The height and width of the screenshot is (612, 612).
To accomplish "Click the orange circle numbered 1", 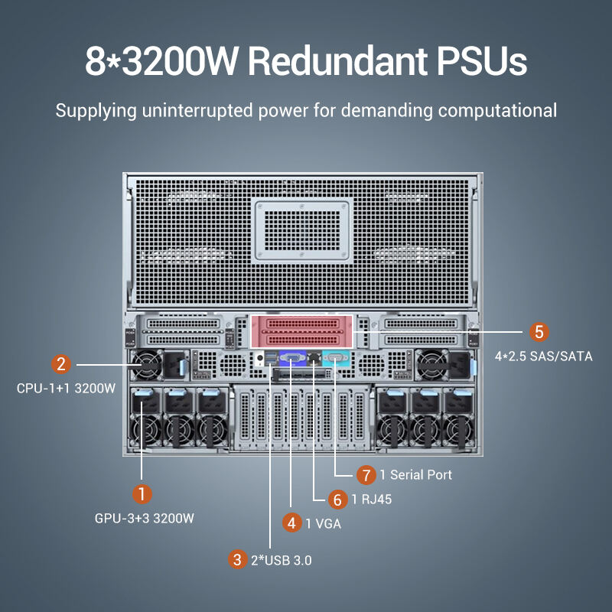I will coord(140,491).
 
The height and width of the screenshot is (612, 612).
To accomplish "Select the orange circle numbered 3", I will coord(238,559).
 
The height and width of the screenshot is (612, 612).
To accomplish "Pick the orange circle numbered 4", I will coord(291,523).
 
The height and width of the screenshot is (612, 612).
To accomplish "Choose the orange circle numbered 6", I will coord(337,500).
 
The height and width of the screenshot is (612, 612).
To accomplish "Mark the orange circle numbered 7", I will coord(366,474).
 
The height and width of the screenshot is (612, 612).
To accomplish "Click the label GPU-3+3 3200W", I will coord(145,519).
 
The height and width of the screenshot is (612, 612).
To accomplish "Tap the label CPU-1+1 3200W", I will coord(66,388).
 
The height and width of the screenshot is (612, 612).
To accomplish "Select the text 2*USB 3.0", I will coord(282,560).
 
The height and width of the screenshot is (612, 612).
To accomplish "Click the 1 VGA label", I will coord(324,524).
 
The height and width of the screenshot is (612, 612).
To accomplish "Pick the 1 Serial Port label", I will coord(416,475).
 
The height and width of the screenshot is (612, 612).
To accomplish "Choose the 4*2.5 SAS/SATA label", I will coord(544,356).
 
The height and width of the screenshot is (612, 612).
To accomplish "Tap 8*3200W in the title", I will coord(162,61).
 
